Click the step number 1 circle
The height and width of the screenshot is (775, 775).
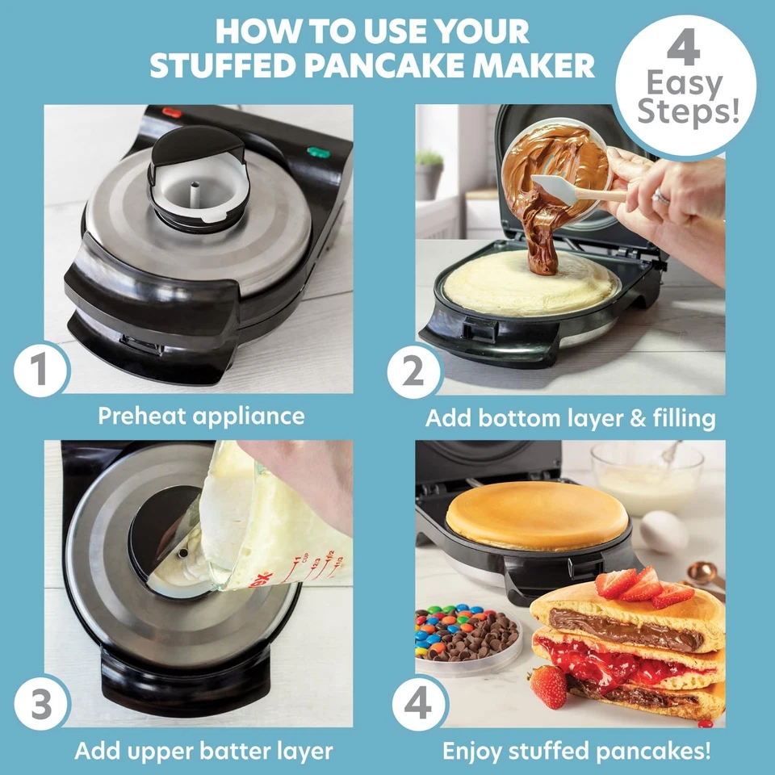point(40,369)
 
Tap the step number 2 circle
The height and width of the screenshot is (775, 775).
point(413,371)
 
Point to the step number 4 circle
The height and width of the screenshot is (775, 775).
point(418,704)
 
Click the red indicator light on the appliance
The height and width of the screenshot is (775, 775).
point(172,113)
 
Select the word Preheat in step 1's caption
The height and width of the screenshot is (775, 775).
point(142,416)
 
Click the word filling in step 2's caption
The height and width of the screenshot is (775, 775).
point(684,418)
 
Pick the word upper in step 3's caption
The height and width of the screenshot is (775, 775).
point(165,752)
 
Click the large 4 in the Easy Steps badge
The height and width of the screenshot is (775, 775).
point(684,47)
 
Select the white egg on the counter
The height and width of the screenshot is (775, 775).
point(664,531)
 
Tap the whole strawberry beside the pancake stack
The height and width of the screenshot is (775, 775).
point(547,686)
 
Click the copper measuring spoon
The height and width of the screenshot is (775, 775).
point(703,574)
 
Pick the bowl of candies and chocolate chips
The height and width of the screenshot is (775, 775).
point(467,638)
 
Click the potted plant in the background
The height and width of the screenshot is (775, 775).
point(429,174)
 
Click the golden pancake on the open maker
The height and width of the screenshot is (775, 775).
point(537,516)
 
